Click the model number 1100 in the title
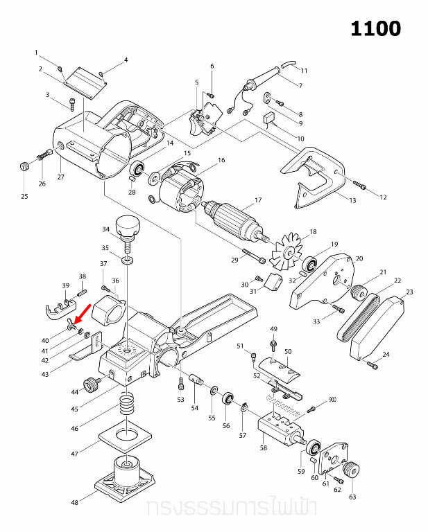pyautogui.click(x=375, y=28)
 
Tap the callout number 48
pyautogui.click(x=74, y=502)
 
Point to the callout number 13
pyautogui.click(x=352, y=201)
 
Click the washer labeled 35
pyautogui.click(x=128, y=261)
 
